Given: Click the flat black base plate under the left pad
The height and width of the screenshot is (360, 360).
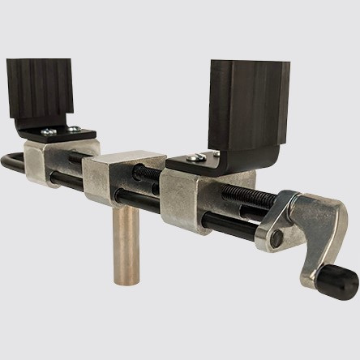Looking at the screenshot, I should [60, 131].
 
